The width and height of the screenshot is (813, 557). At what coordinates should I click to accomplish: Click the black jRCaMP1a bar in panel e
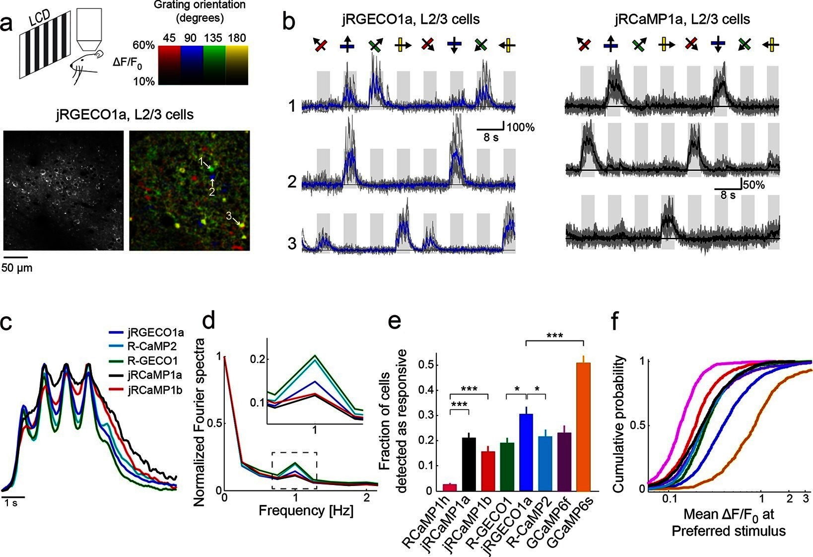point(469,464)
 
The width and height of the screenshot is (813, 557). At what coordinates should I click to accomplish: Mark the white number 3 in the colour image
point(229,216)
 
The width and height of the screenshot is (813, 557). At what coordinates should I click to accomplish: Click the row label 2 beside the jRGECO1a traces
point(292,182)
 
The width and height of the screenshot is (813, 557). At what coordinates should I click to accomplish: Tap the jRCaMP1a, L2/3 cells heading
point(682,19)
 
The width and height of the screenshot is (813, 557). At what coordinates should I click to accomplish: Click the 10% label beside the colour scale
point(144,81)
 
